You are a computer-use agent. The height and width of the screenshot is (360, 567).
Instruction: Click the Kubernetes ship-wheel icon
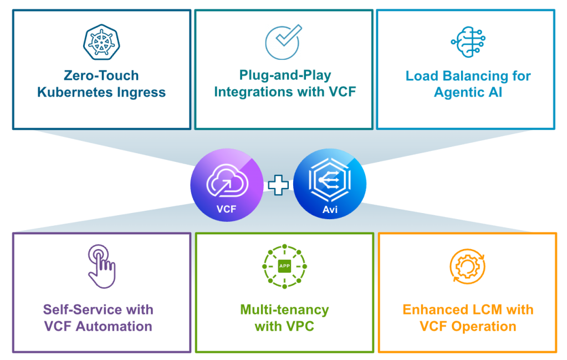101,42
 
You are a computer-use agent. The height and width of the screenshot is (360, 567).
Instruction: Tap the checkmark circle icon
283,42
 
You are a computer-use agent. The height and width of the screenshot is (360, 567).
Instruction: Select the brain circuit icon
468,42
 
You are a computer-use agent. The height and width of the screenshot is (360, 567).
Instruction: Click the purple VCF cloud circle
227,185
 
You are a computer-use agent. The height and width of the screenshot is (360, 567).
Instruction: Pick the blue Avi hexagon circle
329,184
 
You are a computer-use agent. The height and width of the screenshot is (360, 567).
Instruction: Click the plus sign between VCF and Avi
278,185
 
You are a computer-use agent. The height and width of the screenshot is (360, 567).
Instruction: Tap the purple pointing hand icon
101,266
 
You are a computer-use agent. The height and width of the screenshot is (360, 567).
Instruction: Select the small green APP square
284,266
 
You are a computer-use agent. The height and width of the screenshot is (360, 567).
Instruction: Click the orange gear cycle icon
468,266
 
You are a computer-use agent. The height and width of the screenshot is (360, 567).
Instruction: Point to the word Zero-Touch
101,75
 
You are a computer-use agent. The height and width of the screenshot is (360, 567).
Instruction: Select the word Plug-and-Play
285,75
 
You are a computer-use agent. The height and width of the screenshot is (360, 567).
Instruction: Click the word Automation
114,326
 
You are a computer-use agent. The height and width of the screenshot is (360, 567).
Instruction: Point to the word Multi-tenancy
284,310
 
